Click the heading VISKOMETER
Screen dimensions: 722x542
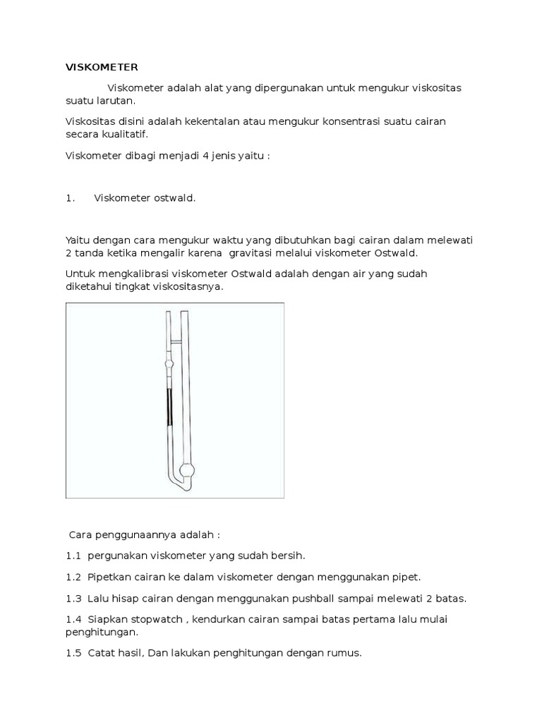coord(102,68)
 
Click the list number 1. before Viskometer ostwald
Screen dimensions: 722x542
coord(70,198)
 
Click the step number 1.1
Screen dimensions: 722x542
coord(74,556)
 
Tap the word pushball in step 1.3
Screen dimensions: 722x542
coord(322,599)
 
